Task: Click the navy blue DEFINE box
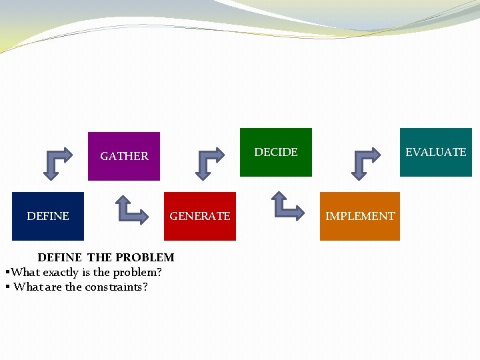tap(48, 216)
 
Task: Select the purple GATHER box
tap(124, 156)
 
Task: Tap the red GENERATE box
tap(200, 216)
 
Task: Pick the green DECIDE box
tap(276, 152)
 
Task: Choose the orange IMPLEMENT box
tap(360, 216)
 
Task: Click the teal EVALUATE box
tap(436, 152)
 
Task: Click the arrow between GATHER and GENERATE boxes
tap(132, 208)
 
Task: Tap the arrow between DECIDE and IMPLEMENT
tap(288, 206)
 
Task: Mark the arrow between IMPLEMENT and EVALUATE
tap(365, 163)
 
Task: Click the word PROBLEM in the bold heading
tap(145, 257)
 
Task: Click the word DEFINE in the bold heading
tap(60, 257)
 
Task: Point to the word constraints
tap(117, 287)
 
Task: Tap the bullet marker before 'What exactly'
tap(7, 272)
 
